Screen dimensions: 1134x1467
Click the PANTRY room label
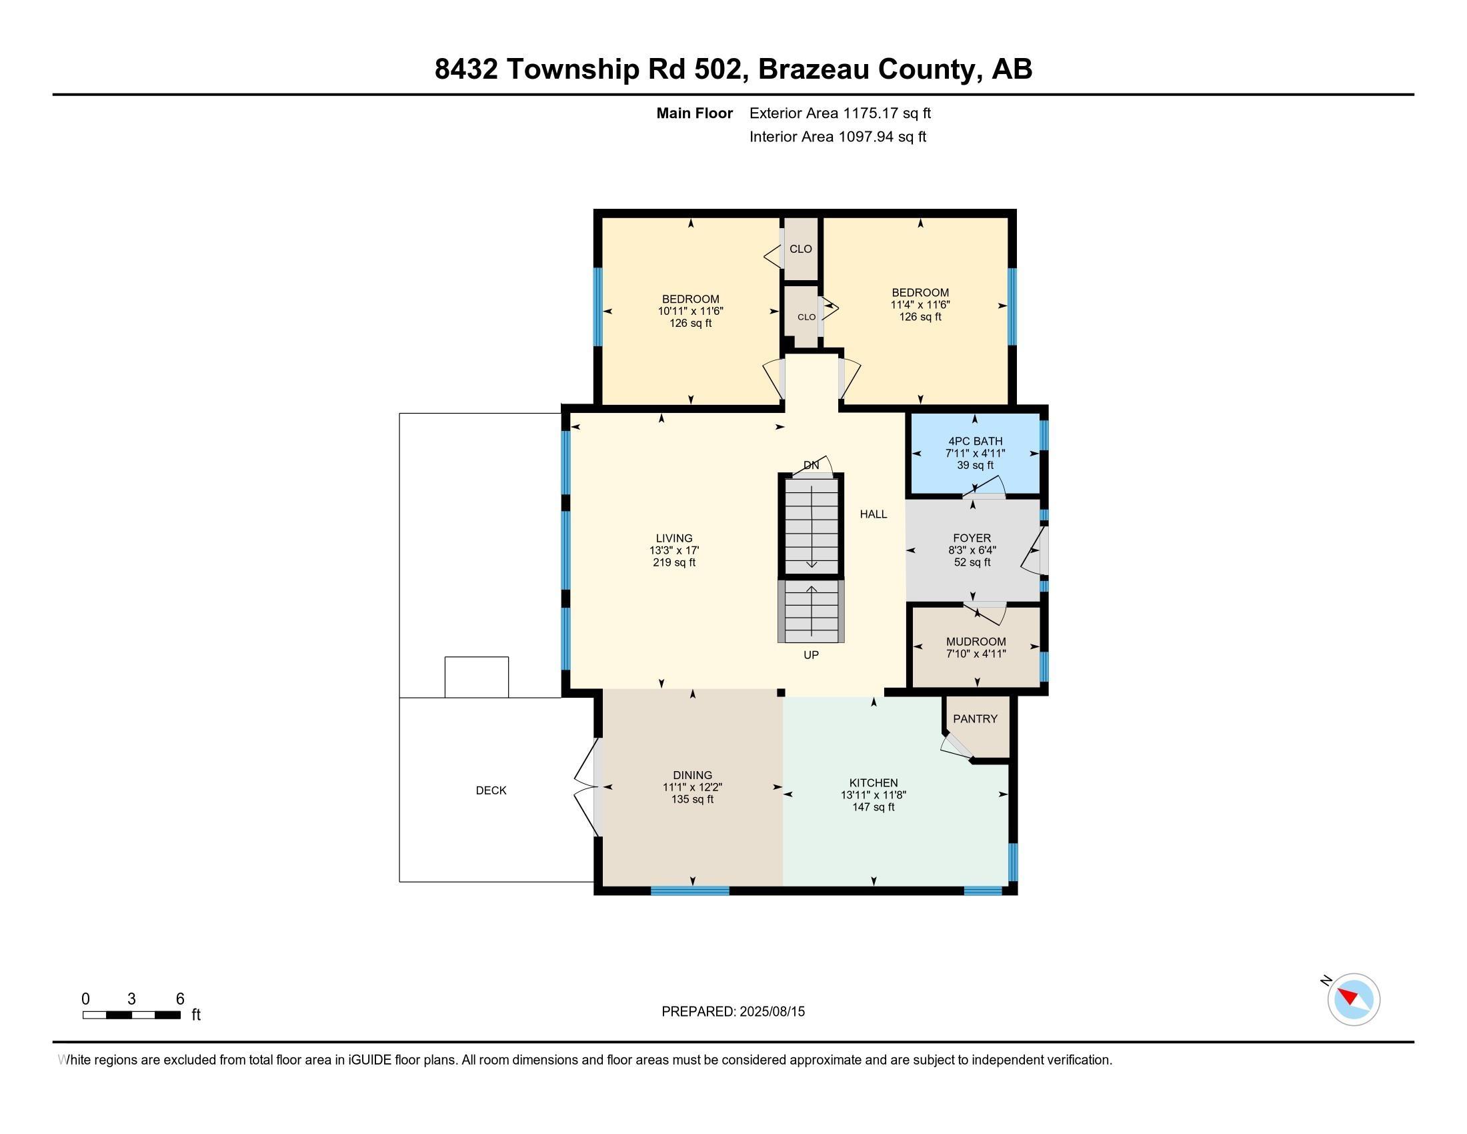[975, 719]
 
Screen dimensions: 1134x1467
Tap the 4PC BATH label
[975, 442]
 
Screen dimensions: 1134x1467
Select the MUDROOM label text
[976, 642]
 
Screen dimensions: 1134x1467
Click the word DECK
[491, 790]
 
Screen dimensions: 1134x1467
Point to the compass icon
[1354, 999]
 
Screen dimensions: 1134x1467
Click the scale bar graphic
[131, 1015]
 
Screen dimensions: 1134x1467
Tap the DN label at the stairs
[812, 465]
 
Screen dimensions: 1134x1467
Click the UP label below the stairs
[811, 654]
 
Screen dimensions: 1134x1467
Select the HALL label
[874, 514]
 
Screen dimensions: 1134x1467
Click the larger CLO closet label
[800, 249]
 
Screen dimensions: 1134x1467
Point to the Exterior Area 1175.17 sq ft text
[840, 113]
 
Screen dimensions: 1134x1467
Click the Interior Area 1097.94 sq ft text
[838, 137]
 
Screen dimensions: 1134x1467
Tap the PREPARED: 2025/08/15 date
[733, 1012]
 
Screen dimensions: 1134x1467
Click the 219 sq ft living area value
[673, 562]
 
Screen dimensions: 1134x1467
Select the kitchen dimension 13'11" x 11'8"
[874, 794]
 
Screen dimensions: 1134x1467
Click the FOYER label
[972, 538]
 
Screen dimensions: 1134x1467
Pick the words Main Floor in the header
[694, 113]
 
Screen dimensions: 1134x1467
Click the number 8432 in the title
[465, 69]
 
